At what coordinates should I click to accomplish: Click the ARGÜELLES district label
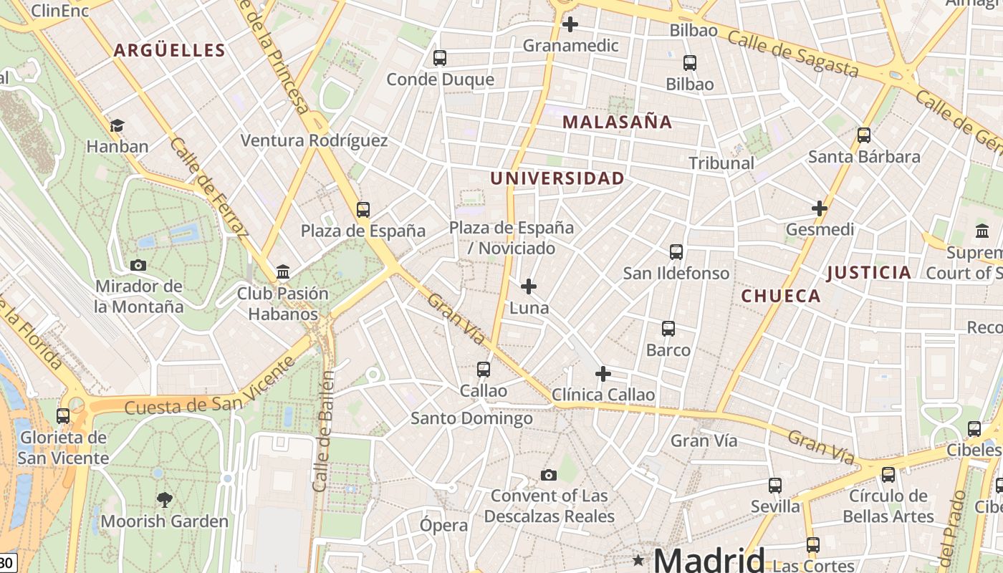(x=170, y=50)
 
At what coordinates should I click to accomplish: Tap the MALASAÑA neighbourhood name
(x=617, y=122)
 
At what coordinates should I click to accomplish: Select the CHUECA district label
(x=781, y=296)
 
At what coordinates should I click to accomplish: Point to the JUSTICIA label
(x=869, y=272)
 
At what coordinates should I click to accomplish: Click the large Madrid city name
(x=709, y=559)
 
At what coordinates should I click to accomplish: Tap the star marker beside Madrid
(x=638, y=559)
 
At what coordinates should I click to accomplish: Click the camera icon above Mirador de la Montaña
(x=138, y=265)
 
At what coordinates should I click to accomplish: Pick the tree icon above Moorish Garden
(x=164, y=499)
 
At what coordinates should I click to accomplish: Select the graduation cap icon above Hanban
(x=117, y=126)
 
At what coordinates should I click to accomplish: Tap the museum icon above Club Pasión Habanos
(x=283, y=272)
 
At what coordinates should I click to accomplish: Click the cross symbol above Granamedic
(x=570, y=25)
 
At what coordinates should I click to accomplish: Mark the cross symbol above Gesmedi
(x=820, y=209)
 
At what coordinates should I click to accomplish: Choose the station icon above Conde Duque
(x=440, y=58)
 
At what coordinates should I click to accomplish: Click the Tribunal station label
(x=721, y=163)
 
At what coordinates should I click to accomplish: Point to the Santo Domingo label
(x=471, y=418)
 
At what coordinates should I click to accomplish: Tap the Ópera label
(x=444, y=525)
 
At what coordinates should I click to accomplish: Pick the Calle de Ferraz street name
(x=209, y=187)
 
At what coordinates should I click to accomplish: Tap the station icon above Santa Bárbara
(x=864, y=135)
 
